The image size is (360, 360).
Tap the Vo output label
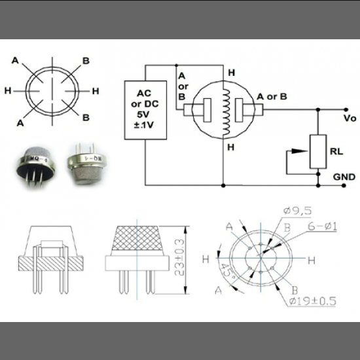pyautogui.click(x=349, y=118)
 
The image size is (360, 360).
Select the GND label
pyautogui.click(x=344, y=177)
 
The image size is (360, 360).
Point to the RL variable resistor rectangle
pyautogui.click(x=317, y=152)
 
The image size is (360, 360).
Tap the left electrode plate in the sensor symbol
pyautogui.click(x=207, y=109)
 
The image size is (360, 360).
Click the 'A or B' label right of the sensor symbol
pyautogui.click(x=270, y=96)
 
